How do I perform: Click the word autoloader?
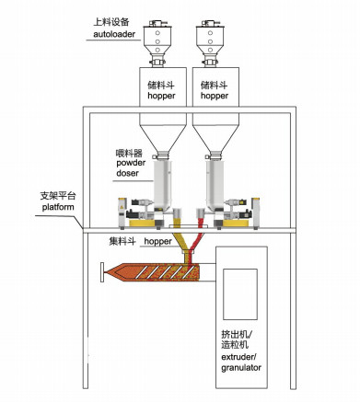114,35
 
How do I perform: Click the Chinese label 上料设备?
113,20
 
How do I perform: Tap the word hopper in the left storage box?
163,95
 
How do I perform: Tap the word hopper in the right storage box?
215,95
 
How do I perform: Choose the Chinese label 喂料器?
129,151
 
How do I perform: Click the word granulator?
236,367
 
